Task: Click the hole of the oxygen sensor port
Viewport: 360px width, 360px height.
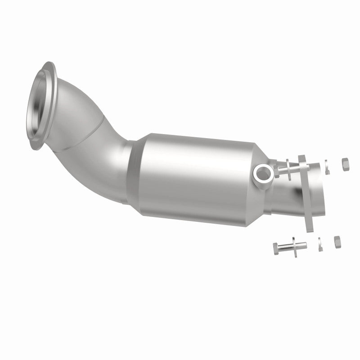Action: click(x=263, y=171)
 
